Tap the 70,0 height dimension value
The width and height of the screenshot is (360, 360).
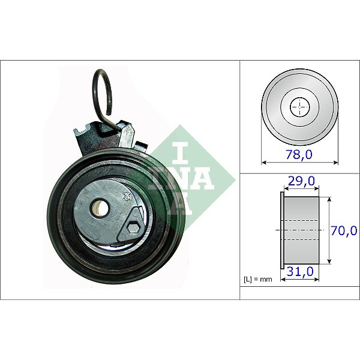tap(344, 229)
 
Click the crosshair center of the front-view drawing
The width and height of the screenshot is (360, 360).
tap(299, 108)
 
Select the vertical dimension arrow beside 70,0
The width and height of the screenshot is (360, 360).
tap(328, 229)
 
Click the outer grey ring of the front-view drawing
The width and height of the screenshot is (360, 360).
tap(269, 108)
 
